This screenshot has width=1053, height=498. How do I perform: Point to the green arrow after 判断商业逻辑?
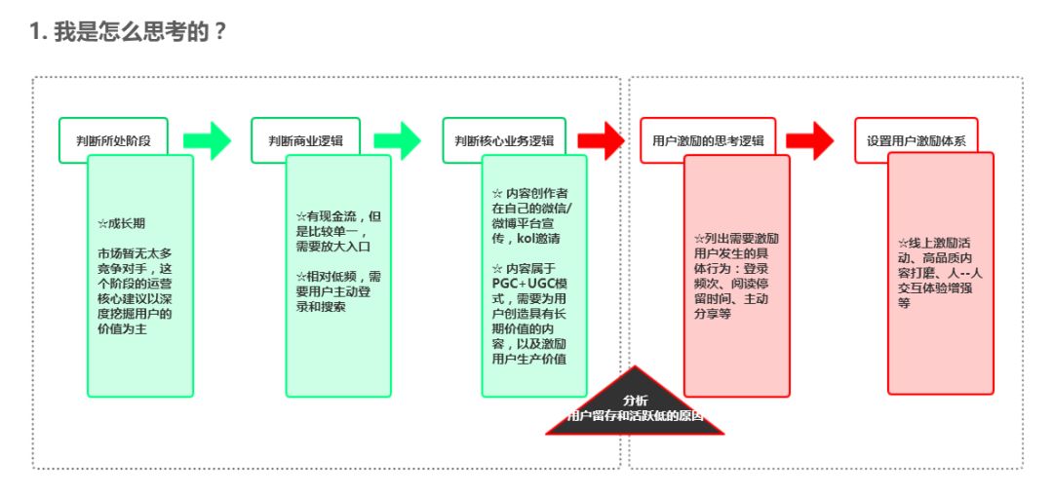pos(397,140)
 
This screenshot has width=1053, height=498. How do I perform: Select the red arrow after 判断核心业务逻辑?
pos(600,140)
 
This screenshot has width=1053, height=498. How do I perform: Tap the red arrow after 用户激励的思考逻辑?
pos(810,140)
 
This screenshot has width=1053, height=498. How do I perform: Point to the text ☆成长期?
pos(121,223)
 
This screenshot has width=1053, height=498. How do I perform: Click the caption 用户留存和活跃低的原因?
pos(635,416)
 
